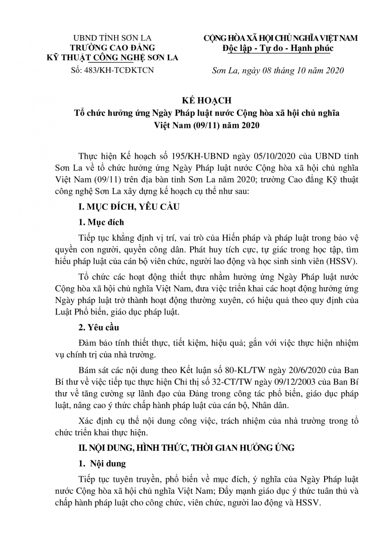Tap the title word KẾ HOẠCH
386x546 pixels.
(x=193, y=100)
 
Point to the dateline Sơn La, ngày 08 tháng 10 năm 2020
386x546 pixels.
(x=279, y=70)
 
